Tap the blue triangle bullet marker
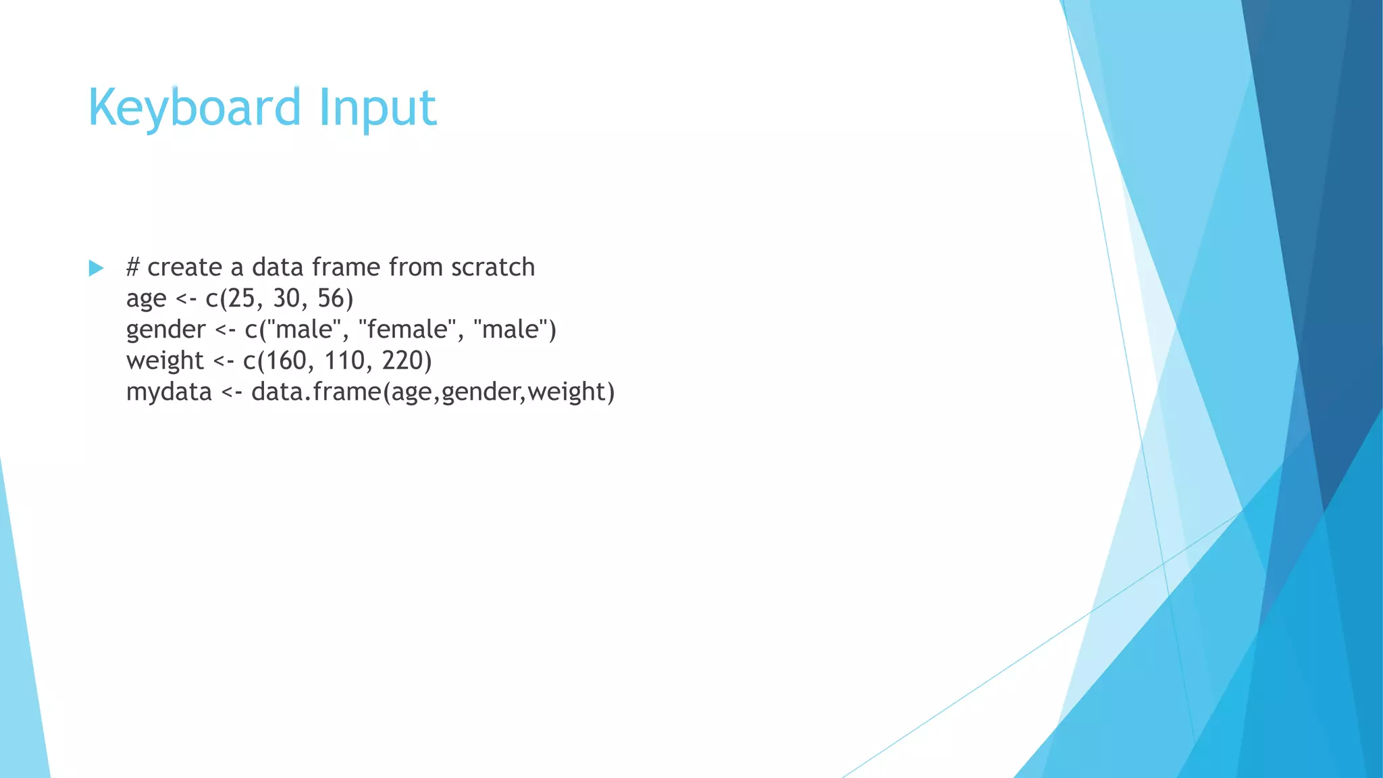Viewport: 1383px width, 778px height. (97, 268)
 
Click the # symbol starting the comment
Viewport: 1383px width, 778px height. (133, 267)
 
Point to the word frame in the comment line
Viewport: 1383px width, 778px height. (344, 267)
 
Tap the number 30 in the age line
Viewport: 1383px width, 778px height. (286, 299)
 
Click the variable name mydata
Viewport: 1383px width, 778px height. (169, 392)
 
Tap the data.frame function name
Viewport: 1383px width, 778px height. (316, 392)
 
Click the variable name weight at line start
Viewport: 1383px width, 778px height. (165, 361)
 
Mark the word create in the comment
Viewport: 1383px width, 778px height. (184, 267)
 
